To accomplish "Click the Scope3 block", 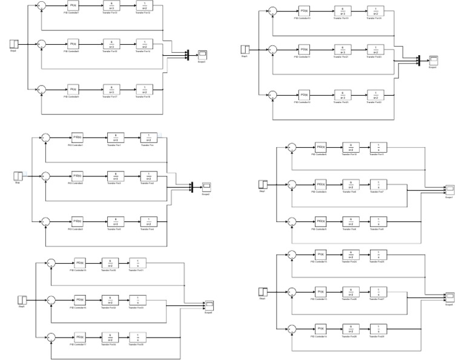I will pos(202,55).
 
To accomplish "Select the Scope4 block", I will pos(433,60).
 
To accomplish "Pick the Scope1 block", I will pos(449,189).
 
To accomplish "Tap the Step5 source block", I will pos(22,300).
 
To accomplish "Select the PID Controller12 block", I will pos(303,95).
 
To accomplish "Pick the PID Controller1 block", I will pos(76,138).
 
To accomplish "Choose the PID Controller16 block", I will pos(79,300).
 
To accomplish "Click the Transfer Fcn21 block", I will pos(343,49).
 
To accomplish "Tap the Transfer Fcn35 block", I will pos(140,336).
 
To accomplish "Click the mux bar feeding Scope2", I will pos(191,186).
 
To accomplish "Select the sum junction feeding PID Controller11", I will pos(273,49).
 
